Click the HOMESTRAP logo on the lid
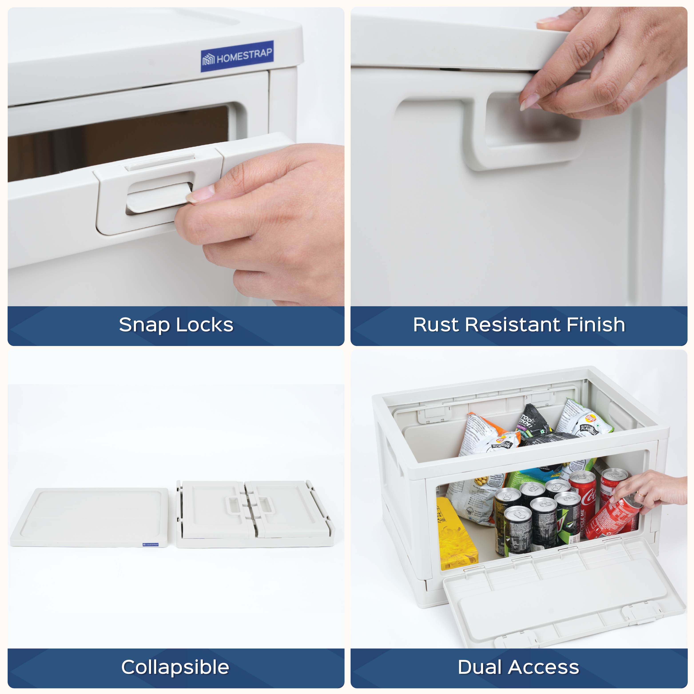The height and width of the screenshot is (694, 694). pyautogui.click(x=237, y=56)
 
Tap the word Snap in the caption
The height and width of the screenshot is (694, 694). pyautogui.click(x=144, y=325)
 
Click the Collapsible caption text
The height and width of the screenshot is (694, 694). pyautogui.click(x=175, y=667)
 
